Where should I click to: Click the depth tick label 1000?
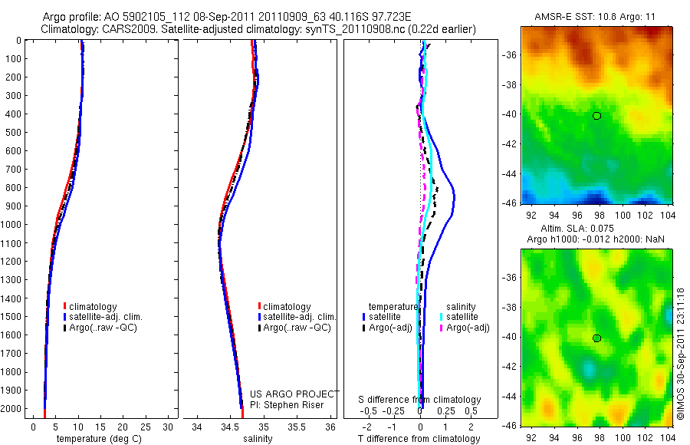coord(13,225)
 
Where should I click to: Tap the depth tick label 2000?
coord(13,409)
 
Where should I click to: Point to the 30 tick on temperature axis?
coord(168,427)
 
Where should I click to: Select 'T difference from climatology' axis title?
coord(419,439)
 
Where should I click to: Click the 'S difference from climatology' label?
coord(419,400)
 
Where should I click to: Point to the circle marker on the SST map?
coord(596,116)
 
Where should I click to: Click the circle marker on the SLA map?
coord(596,338)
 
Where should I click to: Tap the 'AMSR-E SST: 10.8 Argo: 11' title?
coord(595,17)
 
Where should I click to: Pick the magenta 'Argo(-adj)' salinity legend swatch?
coord(442,328)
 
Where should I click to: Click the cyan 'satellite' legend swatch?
coord(442,317)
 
